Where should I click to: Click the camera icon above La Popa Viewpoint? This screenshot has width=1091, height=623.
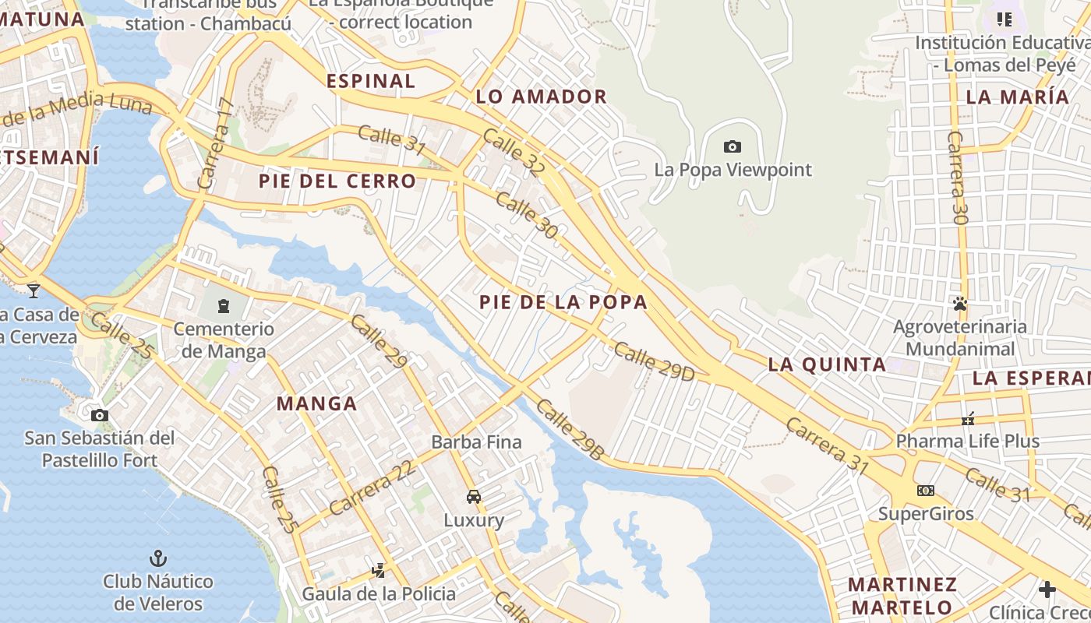(x=732, y=146)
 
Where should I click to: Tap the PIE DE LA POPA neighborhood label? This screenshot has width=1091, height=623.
(x=563, y=302)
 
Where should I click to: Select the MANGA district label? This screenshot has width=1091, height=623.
(x=317, y=403)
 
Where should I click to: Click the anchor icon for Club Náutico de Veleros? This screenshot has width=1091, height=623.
(x=158, y=558)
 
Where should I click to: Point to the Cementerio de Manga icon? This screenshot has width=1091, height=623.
(x=224, y=305)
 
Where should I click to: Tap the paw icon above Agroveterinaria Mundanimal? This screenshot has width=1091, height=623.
(x=960, y=303)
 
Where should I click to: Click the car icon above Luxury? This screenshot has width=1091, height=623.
(x=473, y=497)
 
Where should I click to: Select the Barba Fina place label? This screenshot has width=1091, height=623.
(x=476, y=442)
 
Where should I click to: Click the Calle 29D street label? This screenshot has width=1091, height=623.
(x=653, y=361)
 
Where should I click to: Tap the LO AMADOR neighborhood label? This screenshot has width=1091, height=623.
(x=541, y=97)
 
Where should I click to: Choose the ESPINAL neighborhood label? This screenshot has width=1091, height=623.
(x=371, y=81)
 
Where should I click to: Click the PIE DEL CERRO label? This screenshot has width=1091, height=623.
(x=337, y=181)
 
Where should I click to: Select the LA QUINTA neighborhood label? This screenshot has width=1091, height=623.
(x=827, y=364)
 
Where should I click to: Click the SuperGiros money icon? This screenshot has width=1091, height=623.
(x=926, y=491)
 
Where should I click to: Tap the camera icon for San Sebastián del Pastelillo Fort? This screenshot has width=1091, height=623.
(x=99, y=415)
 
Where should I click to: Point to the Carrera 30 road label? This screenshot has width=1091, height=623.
(x=957, y=178)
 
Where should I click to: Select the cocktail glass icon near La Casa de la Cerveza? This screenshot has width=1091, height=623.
(x=34, y=290)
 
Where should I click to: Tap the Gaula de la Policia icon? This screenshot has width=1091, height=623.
(x=379, y=571)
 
